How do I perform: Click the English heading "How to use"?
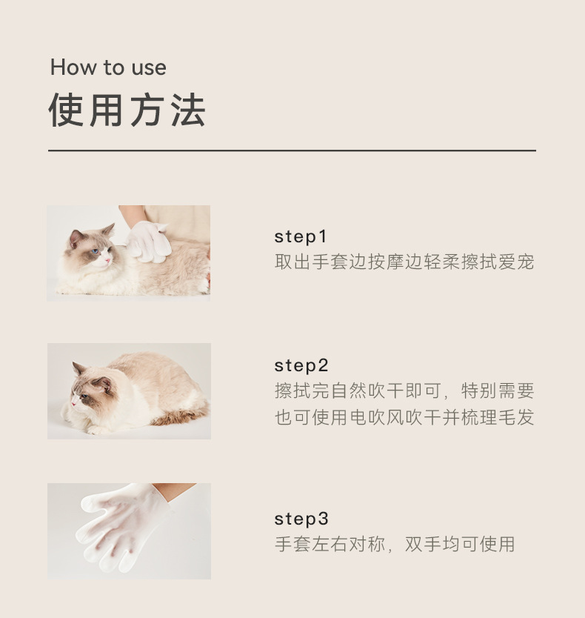click(108, 67)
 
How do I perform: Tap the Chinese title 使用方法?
click(127, 110)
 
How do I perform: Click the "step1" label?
click(301, 237)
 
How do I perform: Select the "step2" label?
click(301, 366)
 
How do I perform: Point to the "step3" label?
click(301, 519)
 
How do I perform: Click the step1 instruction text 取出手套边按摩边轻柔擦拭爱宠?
click(404, 262)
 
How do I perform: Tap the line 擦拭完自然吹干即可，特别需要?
click(404, 391)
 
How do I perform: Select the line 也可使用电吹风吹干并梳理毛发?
click(404, 417)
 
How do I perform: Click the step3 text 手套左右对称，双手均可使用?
click(395, 545)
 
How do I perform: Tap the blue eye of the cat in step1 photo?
click(95, 251)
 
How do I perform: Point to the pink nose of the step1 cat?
click(107, 261)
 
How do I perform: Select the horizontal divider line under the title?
click(292, 150)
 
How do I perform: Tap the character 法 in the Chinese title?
click(188, 110)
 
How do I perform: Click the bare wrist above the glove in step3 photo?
click(175, 491)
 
